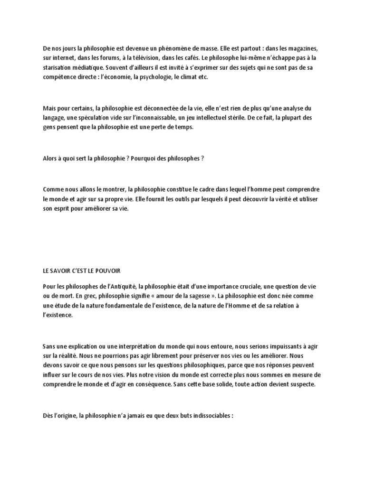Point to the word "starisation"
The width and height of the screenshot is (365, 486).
click(x=57, y=67)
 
